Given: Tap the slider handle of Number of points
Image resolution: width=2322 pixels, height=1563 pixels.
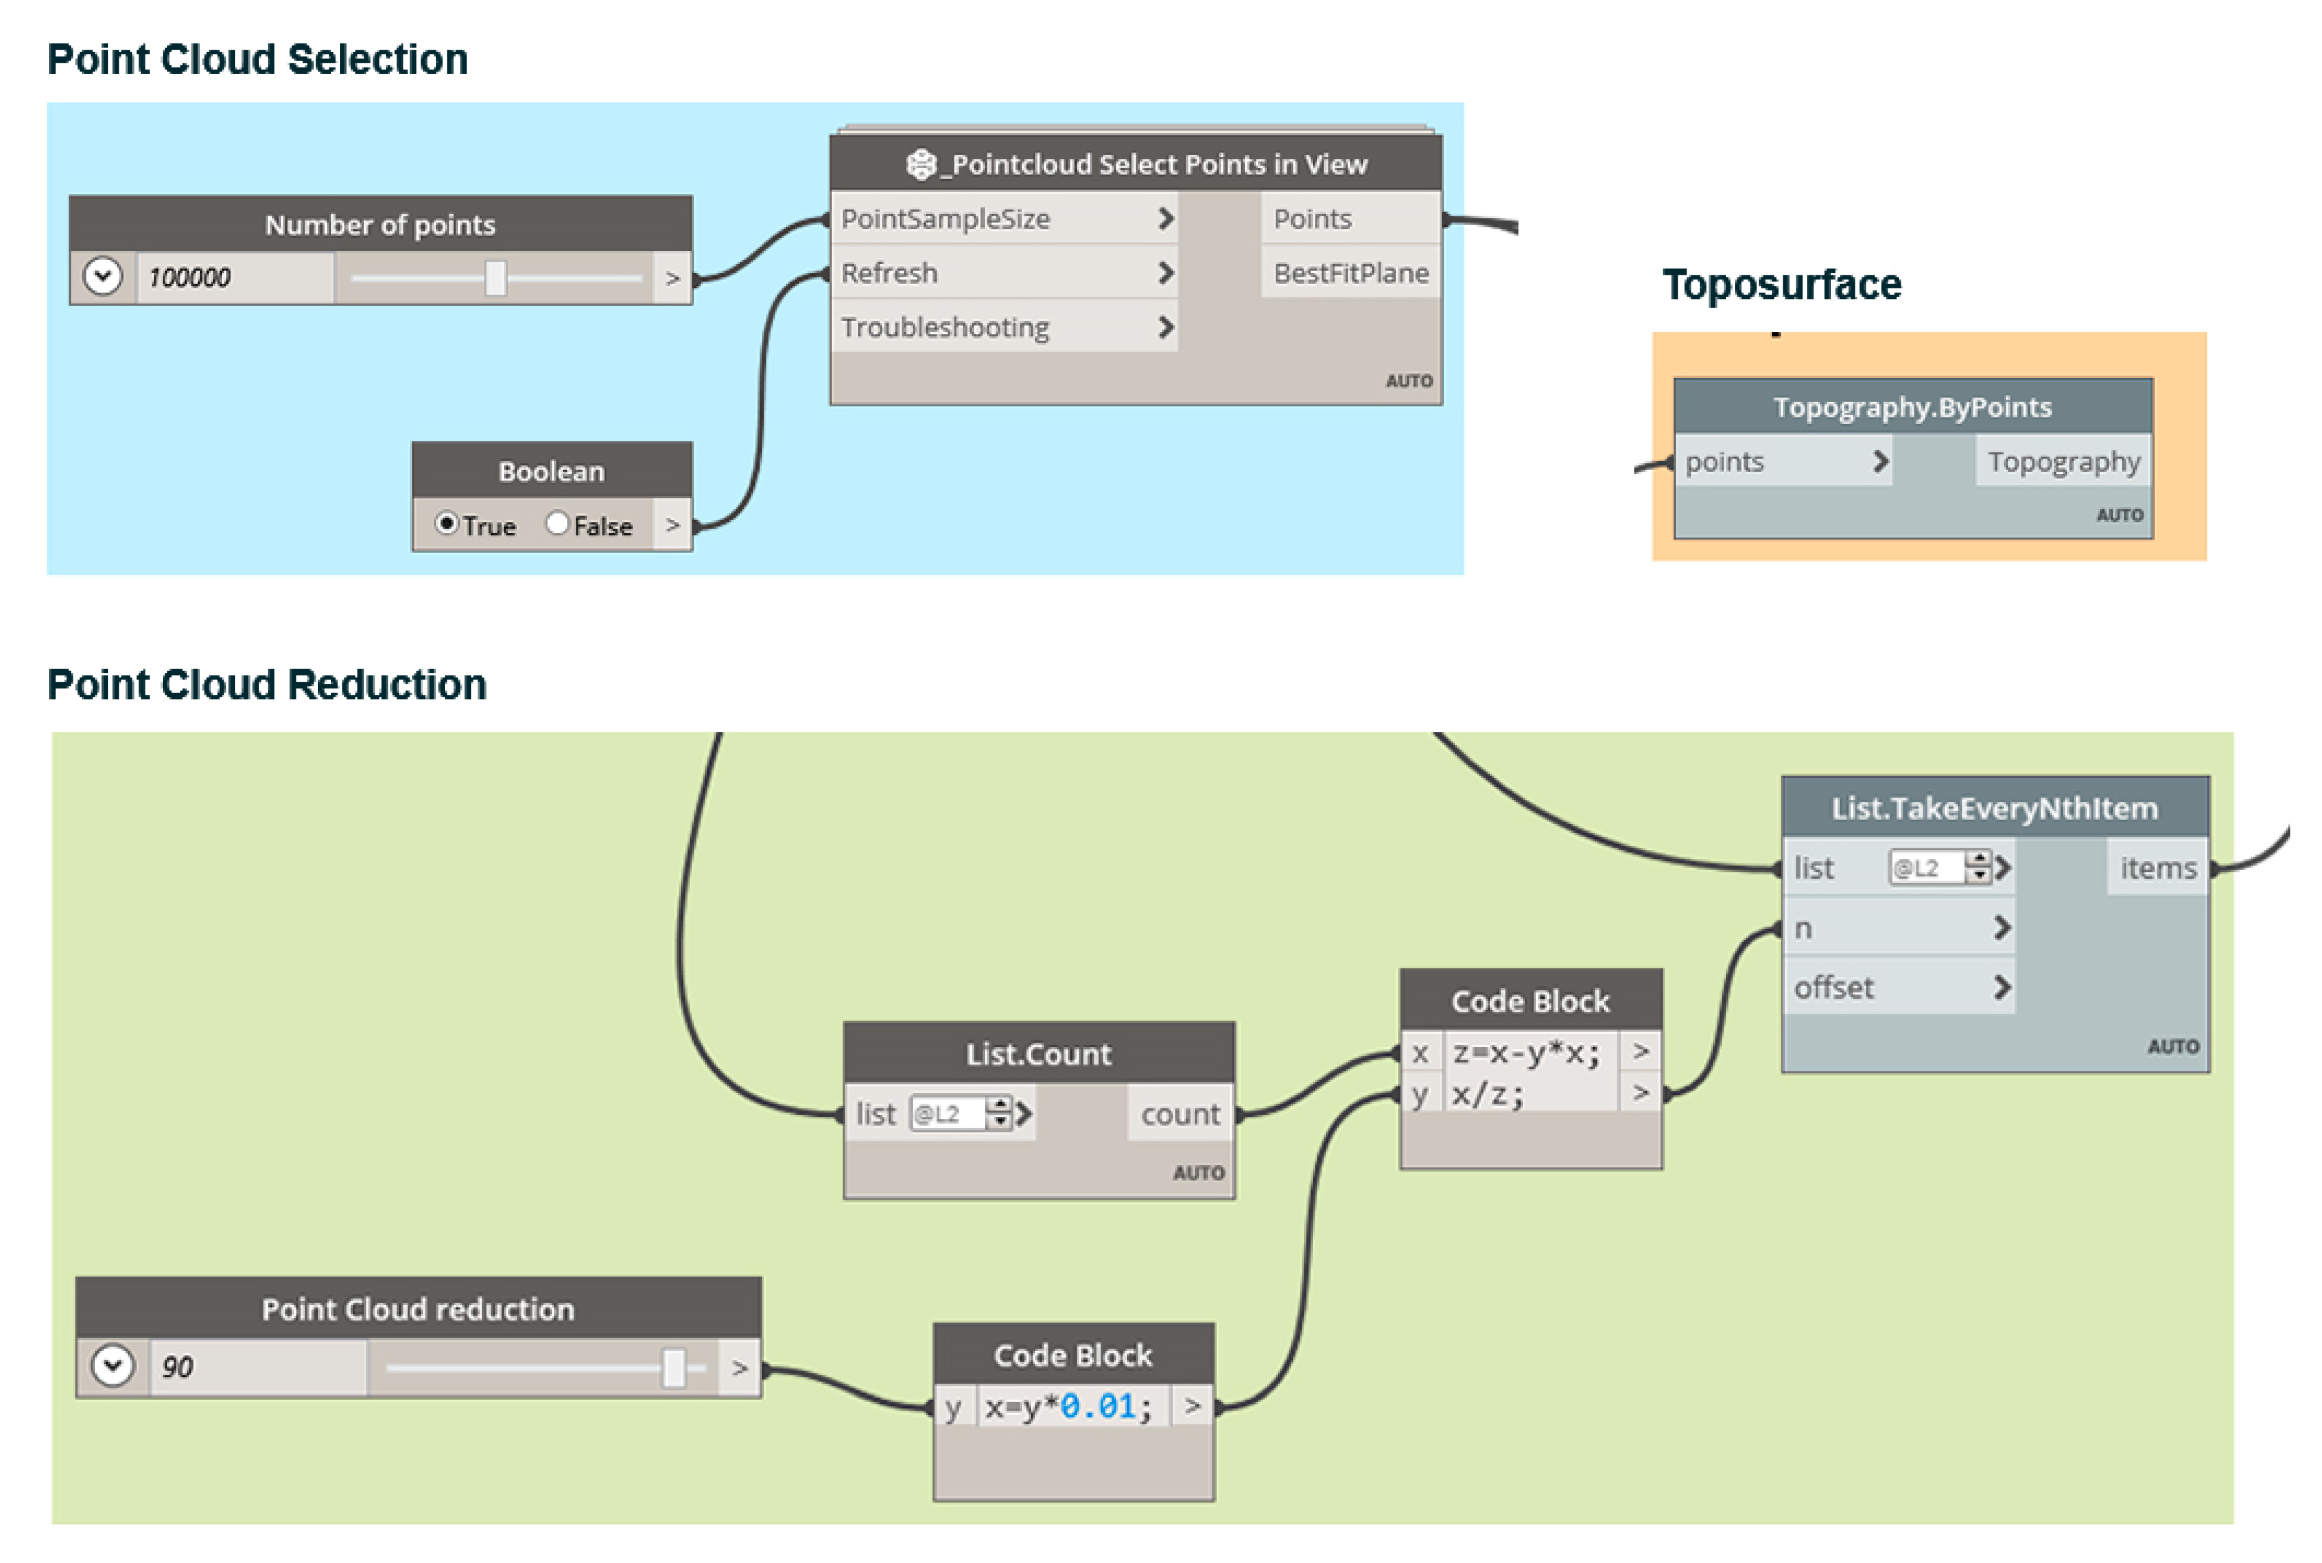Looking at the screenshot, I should (x=495, y=278).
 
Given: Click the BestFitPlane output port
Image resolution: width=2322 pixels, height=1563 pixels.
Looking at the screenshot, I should (x=1350, y=273).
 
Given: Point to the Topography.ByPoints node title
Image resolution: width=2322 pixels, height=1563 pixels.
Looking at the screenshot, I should (x=1911, y=406).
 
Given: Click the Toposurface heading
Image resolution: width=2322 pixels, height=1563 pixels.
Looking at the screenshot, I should (x=1781, y=285).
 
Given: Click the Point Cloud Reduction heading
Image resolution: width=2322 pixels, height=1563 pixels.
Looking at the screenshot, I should (x=267, y=685).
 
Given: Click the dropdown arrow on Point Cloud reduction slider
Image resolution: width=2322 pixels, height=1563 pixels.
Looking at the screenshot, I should (x=112, y=1365).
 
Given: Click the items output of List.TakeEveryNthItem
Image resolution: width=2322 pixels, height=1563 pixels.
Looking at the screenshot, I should (x=2157, y=868).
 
